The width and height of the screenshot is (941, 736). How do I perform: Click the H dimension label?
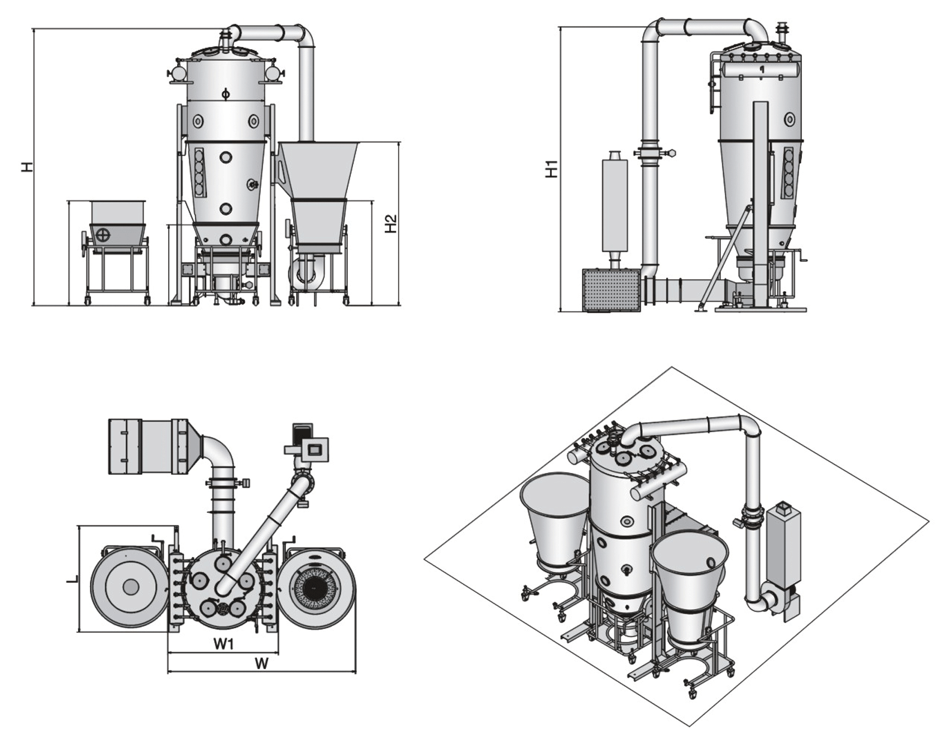point(27,166)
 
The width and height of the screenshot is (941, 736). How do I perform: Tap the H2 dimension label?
point(391,224)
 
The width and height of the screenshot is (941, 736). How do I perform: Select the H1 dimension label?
point(552,169)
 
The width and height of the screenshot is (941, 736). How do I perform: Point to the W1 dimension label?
point(224,644)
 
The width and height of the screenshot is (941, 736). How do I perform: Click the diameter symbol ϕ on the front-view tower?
point(225,93)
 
